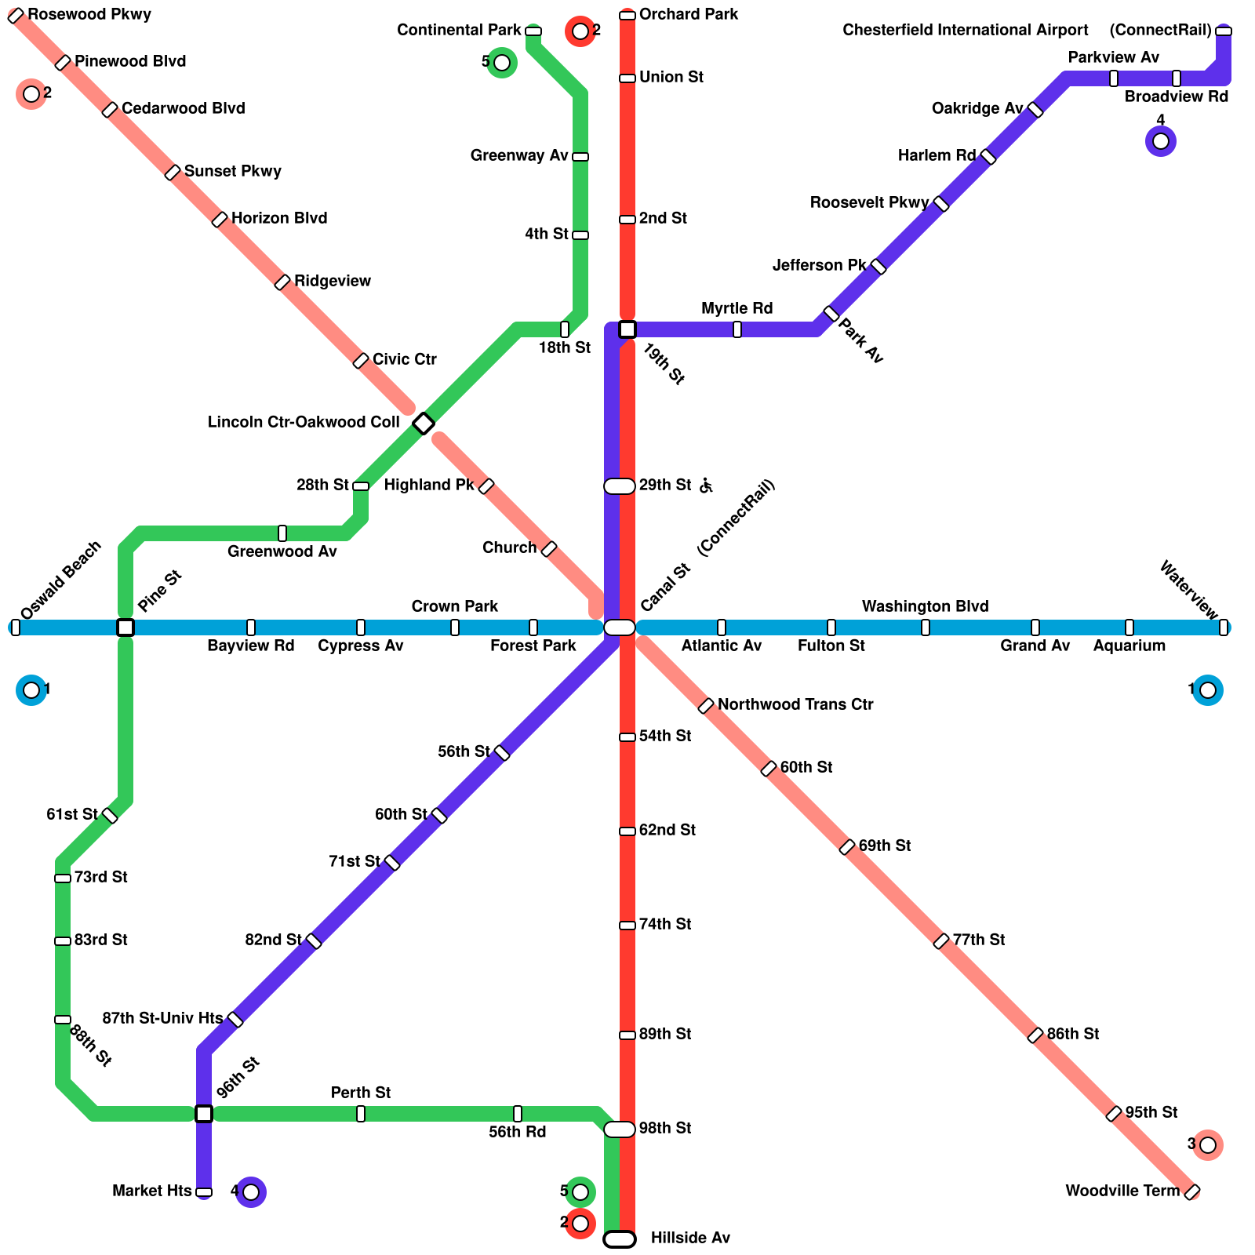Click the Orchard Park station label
[688, 15]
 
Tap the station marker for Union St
[627, 78]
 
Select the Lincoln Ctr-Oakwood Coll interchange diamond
[424, 424]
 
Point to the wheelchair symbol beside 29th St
[706, 486]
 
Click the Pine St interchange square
[125, 627]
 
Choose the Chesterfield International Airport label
[965, 31]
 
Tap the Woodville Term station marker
[1192, 1192]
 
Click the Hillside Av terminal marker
[620, 1239]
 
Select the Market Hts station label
[151, 1191]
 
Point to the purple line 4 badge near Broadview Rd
[1161, 141]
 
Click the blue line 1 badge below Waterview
[1208, 690]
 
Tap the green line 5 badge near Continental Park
[502, 63]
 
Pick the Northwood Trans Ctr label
[795, 705]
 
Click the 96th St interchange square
[204, 1114]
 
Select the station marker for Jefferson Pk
[878, 267]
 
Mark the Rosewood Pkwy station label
[89, 15]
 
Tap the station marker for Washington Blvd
[926, 627]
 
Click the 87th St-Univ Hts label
[162, 1019]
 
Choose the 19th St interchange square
[627, 329]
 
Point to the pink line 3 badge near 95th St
[1208, 1145]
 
